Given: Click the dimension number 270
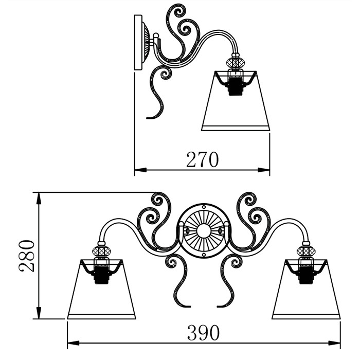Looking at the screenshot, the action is pyautogui.click(x=203, y=159).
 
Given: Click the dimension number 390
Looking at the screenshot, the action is pyautogui.click(x=204, y=332).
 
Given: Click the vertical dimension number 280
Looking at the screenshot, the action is pyautogui.click(x=27, y=256).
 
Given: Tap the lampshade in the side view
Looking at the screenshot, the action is pyautogui.click(x=236, y=101).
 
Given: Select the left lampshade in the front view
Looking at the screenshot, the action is pyautogui.click(x=101, y=289).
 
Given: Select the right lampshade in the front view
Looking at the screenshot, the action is pyautogui.click(x=306, y=289).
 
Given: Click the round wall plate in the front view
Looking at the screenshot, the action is pyautogui.click(x=204, y=231).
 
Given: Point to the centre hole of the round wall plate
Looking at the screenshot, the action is pyautogui.click(x=204, y=231).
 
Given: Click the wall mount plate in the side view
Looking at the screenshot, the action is pyautogui.click(x=138, y=43).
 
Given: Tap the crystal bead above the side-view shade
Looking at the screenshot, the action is pyautogui.click(x=236, y=62).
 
